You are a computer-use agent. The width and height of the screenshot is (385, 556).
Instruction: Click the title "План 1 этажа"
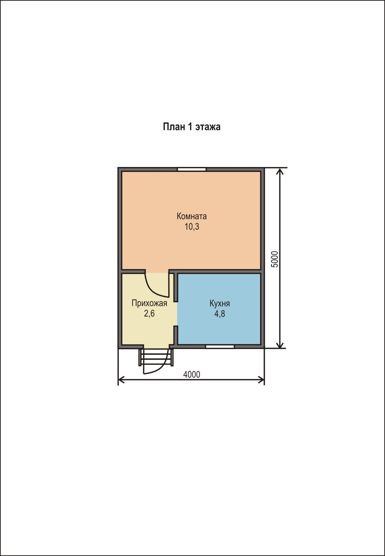tap(192, 126)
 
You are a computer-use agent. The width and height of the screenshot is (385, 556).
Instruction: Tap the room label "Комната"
tap(192, 216)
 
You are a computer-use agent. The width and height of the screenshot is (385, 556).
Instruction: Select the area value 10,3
tap(192, 227)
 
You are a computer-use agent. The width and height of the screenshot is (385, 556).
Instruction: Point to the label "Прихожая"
tap(149, 304)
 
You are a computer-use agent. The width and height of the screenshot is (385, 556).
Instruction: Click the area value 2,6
tap(149, 314)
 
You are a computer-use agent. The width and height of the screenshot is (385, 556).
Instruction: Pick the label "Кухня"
tap(220, 304)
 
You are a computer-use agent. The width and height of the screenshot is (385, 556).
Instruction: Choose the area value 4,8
tap(220, 314)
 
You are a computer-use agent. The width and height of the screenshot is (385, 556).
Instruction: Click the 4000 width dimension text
tap(192, 375)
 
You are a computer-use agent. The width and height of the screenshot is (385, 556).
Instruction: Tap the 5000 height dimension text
tap(275, 259)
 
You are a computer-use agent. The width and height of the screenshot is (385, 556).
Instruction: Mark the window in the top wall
tap(192, 169)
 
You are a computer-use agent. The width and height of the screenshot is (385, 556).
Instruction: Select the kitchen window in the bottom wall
tap(220, 347)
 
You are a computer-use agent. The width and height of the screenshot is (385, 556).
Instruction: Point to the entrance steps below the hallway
tap(156, 357)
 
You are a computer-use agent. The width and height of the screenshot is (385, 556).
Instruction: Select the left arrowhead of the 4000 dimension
tap(121, 380)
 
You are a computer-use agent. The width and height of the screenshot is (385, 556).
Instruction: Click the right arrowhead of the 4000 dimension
tap(261, 380)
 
